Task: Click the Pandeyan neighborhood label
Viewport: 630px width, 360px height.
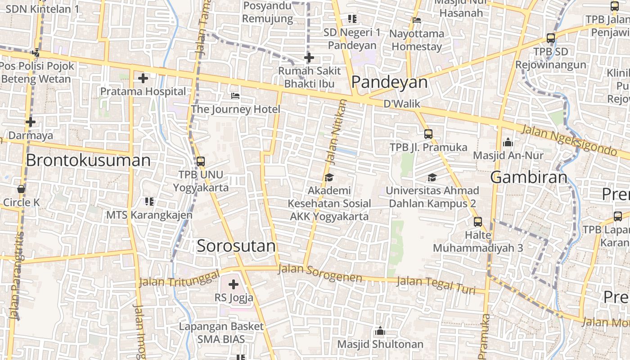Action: pyautogui.click(x=389, y=82)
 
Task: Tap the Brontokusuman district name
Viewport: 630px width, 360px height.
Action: pyautogui.click(x=88, y=160)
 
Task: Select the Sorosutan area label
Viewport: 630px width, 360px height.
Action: pyautogui.click(x=236, y=246)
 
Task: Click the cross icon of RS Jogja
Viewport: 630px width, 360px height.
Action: pyautogui.click(x=234, y=284)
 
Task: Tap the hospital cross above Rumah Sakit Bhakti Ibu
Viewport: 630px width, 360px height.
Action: pyautogui.click(x=309, y=58)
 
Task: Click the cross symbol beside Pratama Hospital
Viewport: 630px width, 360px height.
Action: pyautogui.click(x=143, y=78)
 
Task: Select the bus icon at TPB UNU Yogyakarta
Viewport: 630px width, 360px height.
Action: pyautogui.click(x=201, y=161)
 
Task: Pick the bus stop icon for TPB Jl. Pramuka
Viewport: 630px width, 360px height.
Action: pyautogui.click(x=428, y=134)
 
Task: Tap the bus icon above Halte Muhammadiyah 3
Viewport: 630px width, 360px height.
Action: pyautogui.click(x=477, y=221)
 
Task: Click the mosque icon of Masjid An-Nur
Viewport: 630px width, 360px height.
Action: pyautogui.click(x=508, y=142)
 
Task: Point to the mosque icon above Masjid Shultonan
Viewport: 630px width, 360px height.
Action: pyautogui.click(x=380, y=331)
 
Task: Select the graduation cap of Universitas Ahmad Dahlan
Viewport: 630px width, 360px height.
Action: pyautogui.click(x=432, y=177)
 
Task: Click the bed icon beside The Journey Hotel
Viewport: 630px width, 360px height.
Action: pyautogui.click(x=235, y=96)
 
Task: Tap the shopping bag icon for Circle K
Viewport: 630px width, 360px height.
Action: pyautogui.click(x=21, y=189)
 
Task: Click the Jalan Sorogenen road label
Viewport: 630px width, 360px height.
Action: pyautogui.click(x=320, y=273)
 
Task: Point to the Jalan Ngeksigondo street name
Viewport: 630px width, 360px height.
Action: pyautogui.click(x=569, y=141)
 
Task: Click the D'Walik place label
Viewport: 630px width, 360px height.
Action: pyautogui.click(x=401, y=104)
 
